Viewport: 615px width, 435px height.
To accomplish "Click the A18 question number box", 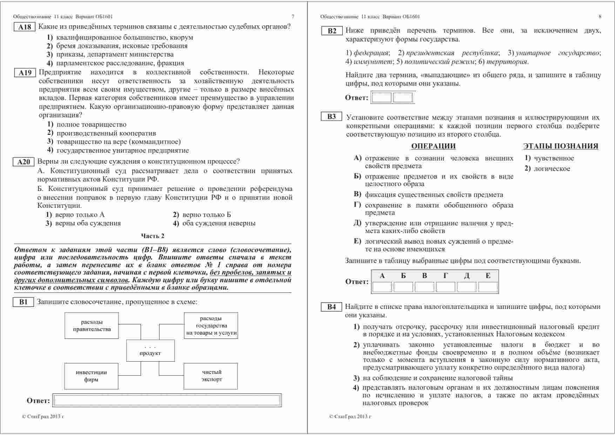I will tap(25, 27).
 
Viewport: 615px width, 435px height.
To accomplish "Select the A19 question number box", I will tap(25, 73).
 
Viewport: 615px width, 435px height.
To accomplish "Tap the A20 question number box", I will tap(24, 162).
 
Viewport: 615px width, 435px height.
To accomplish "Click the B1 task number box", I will tap(23, 302).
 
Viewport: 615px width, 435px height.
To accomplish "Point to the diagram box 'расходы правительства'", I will tap(92, 325).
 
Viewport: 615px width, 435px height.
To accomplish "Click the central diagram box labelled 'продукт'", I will tap(150, 350).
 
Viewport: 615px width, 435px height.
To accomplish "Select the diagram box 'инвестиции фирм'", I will tap(91, 376).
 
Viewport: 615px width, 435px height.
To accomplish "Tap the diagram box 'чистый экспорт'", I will tap(210, 376).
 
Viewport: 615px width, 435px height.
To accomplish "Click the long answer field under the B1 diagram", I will tap(167, 401).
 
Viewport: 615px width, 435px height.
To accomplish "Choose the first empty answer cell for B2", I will tap(381, 98).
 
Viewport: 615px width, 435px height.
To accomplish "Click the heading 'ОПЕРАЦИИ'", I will tap(433, 146).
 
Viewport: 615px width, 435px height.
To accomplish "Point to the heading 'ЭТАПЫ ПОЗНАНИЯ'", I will tap(561, 146).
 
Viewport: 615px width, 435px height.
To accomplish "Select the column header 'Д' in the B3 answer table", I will tap(467, 276).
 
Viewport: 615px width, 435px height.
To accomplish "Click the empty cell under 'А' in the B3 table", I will tap(382, 287).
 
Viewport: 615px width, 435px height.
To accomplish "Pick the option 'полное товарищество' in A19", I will tap(91, 125).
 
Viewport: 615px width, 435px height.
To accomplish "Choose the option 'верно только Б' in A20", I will tap(207, 215).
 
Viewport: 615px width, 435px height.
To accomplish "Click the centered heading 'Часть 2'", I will tap(153, 236).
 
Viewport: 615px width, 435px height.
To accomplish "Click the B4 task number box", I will tap(331, 307).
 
